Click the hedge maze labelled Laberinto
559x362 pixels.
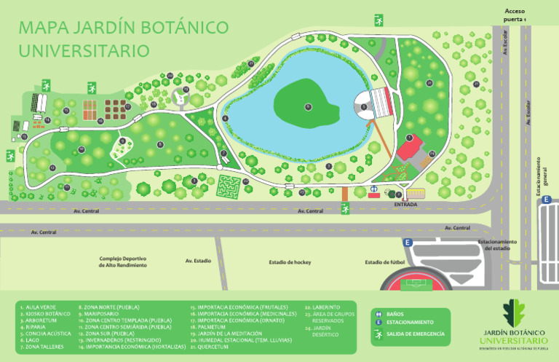(x=231, y=186)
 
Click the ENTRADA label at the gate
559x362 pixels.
(x=405, y=205)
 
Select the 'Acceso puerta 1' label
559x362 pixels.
(x=515, y=15)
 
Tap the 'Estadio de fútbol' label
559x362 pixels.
(x=384, y=262)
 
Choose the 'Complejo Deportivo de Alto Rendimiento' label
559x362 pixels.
(x=124, y=262)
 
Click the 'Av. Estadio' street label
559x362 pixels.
(x=198, y=261)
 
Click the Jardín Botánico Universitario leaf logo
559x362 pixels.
(x=515, y=314)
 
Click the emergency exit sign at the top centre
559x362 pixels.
(x=378, y=20)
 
